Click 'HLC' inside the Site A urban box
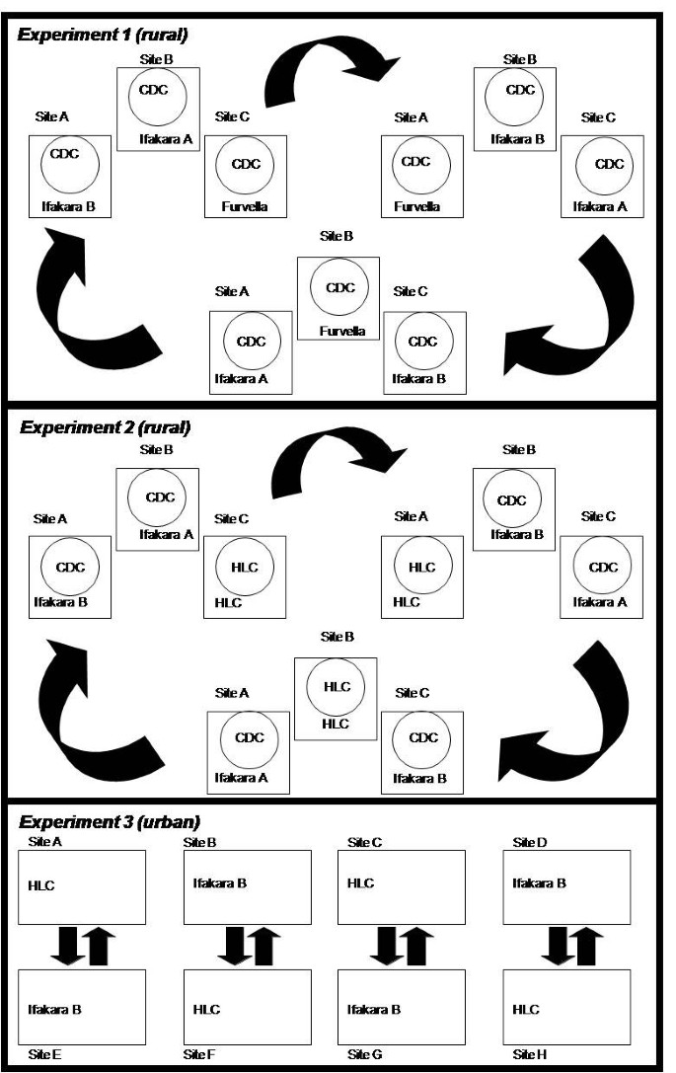click(x=41, y=885)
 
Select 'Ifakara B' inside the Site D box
click(x=539, y=882)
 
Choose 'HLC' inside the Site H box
click(x=526, y=1009)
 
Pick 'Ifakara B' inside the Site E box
click(x=55, y=1009)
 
